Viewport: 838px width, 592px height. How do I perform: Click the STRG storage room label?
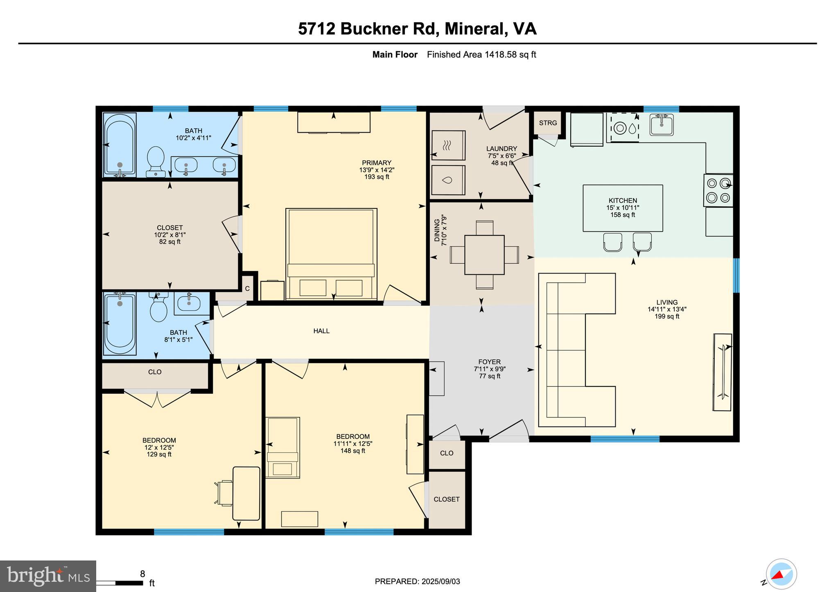click(548, 123)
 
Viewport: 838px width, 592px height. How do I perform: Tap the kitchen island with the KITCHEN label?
click(623, 208)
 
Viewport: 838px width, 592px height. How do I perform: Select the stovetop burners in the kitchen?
click(718, 190)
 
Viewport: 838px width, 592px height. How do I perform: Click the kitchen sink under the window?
click(661, 124)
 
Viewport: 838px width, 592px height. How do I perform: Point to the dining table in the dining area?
click(484, 255)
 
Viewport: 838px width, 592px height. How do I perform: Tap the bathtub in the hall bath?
click(120, 323)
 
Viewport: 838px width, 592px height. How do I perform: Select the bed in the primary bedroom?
click(331, 254)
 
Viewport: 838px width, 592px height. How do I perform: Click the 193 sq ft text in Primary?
click(377, 177)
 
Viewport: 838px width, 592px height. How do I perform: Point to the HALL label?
click(321, 331)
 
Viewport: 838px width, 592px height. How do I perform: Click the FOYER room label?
click(489, 362)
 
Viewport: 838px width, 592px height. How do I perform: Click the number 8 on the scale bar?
click(142, 574)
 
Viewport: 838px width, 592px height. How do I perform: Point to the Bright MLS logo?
click(48, 576)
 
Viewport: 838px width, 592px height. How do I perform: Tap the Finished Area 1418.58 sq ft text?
click(481, 54)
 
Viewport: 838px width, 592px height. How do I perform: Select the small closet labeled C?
click(247, 289)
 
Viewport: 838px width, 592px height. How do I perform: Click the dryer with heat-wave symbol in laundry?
click(448, 145)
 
